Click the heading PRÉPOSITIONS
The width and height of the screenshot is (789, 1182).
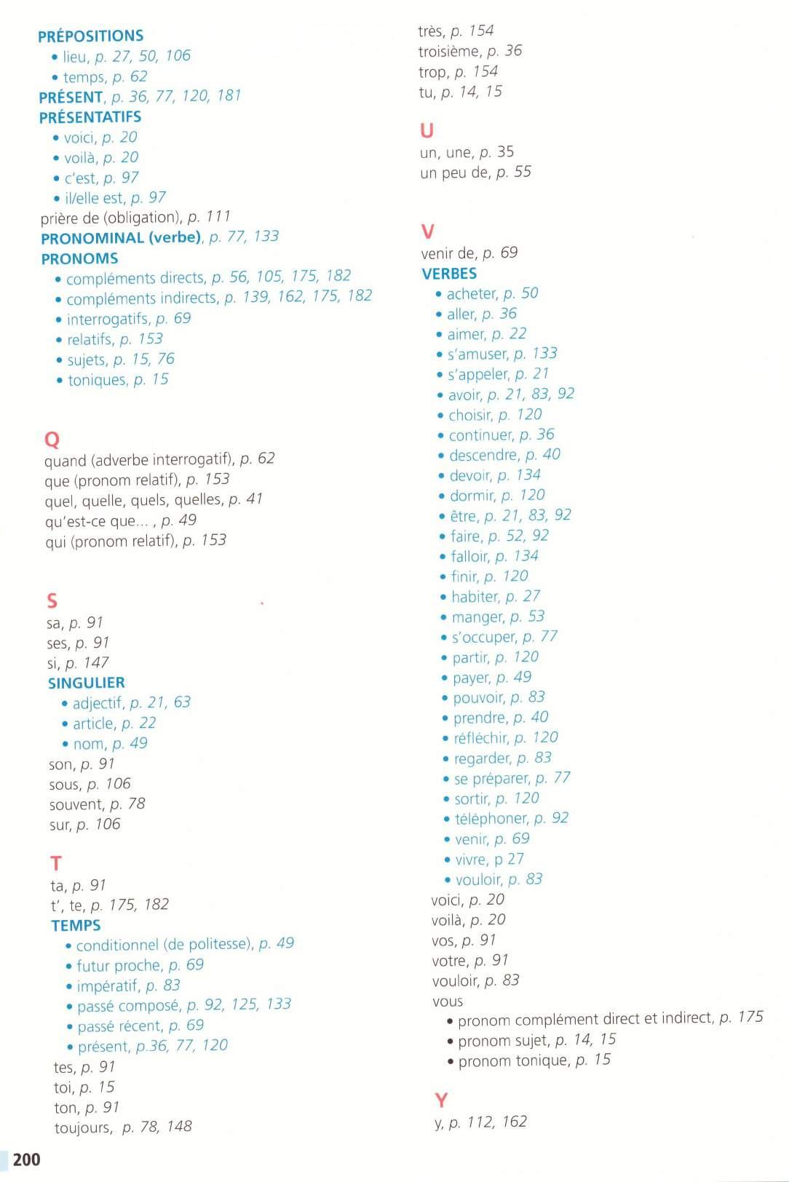point(91,36)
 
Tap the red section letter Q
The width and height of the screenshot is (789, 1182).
point(52,440)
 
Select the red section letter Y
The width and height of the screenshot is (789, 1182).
point(441,1100)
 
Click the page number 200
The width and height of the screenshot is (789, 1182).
point(26,1159)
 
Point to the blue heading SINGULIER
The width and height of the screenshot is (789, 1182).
point(87,683)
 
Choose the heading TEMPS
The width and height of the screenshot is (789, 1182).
point(76,925)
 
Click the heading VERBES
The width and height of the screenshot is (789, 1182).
point(449,274)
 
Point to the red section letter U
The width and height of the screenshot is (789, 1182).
point(427,131)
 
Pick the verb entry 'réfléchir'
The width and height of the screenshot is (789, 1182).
point(480,738)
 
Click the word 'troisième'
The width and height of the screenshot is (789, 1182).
point(449,51)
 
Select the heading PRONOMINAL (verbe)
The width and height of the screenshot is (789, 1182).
point(121,238)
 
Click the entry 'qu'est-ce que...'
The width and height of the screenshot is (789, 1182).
point(99,520)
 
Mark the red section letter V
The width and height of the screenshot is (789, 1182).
point(428,231)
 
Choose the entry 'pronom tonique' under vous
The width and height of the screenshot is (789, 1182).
point(513,1060)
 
